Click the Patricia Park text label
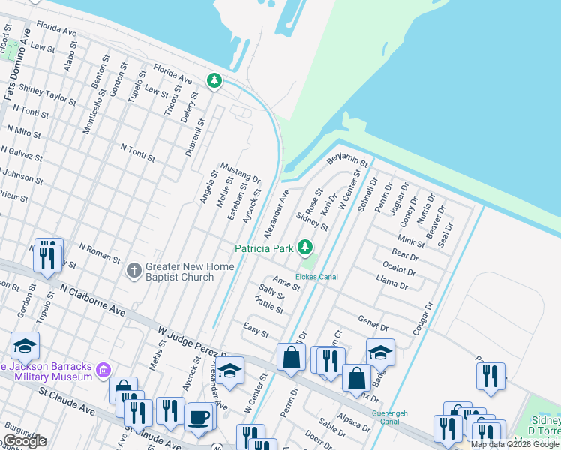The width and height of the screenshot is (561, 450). pos(263,248)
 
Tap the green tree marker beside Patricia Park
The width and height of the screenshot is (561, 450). pos(305,247)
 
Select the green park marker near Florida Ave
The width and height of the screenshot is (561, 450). pos(214,80)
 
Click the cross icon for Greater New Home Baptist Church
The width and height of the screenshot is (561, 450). pos(134,270)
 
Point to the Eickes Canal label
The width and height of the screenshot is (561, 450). pos(316,277)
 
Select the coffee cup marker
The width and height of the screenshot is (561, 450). pos(199,417)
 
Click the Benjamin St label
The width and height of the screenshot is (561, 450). pos(346,161)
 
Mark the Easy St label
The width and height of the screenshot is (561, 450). pos(256,328)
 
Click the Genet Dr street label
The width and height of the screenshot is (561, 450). pos(373,322)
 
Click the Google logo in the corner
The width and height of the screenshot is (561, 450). pos(25,441)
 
